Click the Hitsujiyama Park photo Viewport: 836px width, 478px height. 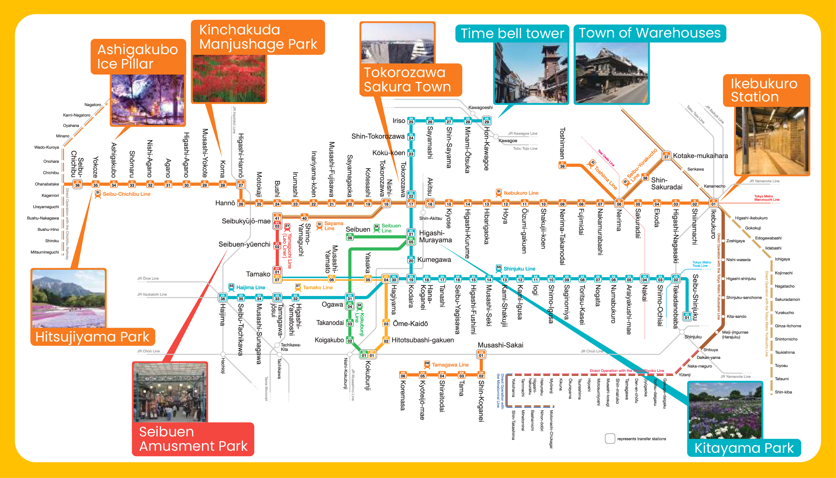(x=68, y=298)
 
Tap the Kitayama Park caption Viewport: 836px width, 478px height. (x=744, y=448)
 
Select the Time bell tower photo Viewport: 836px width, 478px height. (x=531, y=73)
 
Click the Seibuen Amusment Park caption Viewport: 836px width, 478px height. (x=193, y=439)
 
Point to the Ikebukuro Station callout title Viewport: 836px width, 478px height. (x=764, y=90)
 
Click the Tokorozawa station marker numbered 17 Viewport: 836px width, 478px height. (x=411, y=204)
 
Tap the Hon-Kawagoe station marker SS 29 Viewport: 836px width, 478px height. (x=487, y=121)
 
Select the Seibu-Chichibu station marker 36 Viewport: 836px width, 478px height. (x=77, y=184)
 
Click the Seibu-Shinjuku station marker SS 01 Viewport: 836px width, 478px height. (x=687, y=317)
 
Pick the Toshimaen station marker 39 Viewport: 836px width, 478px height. (x=562, y=165)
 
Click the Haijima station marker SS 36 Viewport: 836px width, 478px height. (x=223, y=297)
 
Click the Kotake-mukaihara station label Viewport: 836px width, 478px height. (x=700, y=156)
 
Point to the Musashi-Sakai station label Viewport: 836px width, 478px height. (x=500, y=345)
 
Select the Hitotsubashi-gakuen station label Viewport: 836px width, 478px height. (x=423, y=340)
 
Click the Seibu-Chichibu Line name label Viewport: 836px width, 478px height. (x=126, y=194)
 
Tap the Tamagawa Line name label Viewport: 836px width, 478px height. (x=450, y=364)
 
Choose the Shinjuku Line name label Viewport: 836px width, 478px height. (x=519, y=269)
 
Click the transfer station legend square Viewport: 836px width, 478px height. (x=610, y=439)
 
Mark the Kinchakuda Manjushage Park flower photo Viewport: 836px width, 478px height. (x=229, y=79)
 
